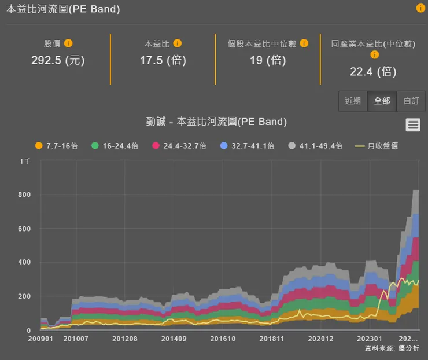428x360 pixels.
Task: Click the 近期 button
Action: pos(353,101)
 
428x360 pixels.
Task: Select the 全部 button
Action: pos(382,101)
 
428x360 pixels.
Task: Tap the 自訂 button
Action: pos(411,101)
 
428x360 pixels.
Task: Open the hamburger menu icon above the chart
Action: pos(412,124)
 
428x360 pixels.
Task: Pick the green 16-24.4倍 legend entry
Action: pos(115,146)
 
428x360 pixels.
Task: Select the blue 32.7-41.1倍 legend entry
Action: pos(247,146)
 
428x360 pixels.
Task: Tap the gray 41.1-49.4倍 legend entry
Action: pos(315,146)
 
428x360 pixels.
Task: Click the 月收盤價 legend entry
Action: pos(376,146)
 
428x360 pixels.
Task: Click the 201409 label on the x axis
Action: pos(174,339)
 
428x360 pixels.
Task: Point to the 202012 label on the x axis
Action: pos(321,339)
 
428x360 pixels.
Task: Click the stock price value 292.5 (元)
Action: pos(58,60)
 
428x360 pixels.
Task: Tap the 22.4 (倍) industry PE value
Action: pos(373,71)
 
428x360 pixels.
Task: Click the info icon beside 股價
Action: pos(68,43)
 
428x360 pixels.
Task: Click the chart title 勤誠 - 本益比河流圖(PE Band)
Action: pos(216,122)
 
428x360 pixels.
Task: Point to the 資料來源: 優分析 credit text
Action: pos(392,348)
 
